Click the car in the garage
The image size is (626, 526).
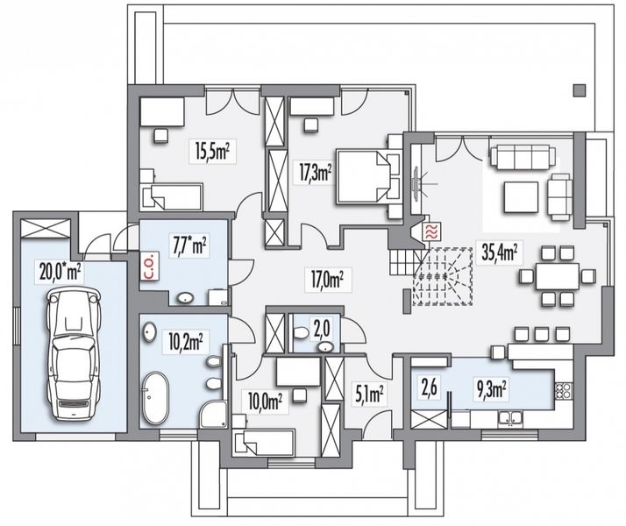pos(74,354)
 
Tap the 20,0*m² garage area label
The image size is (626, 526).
pos(60,272)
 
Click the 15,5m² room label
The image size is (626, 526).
pos(212,151)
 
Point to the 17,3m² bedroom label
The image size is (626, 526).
pos(317,173)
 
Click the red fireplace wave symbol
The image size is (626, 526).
pos(431,231)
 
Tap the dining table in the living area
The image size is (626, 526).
pos(558,276)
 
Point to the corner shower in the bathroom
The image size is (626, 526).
pos(214,415)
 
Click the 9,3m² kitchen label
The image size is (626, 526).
pos(494,389)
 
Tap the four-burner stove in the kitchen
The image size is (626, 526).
pos(564,390)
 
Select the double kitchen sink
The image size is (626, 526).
pos(509,418)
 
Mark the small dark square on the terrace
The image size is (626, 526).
pos(580,90)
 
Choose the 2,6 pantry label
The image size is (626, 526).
pos(430,387)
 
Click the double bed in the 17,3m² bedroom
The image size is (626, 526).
pos(367,176)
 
